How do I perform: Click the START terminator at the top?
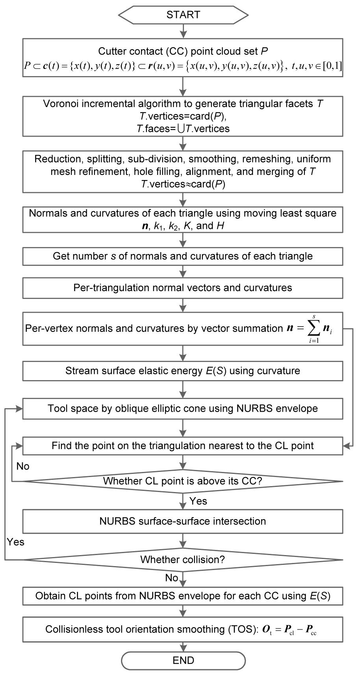pyautogui.click(x=183, y=15)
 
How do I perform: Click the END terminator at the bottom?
pyautogui.click(x=183, y=661)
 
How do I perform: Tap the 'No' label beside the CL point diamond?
pyautogui.click(x=23, y=466)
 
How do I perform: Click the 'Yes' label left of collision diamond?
pyautogui.click(x=16, y=542)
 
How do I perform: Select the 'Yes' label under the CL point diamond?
pyautogui.click(x=198, y=501)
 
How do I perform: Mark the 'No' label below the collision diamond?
pyautogui.click(x=172, y=578)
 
